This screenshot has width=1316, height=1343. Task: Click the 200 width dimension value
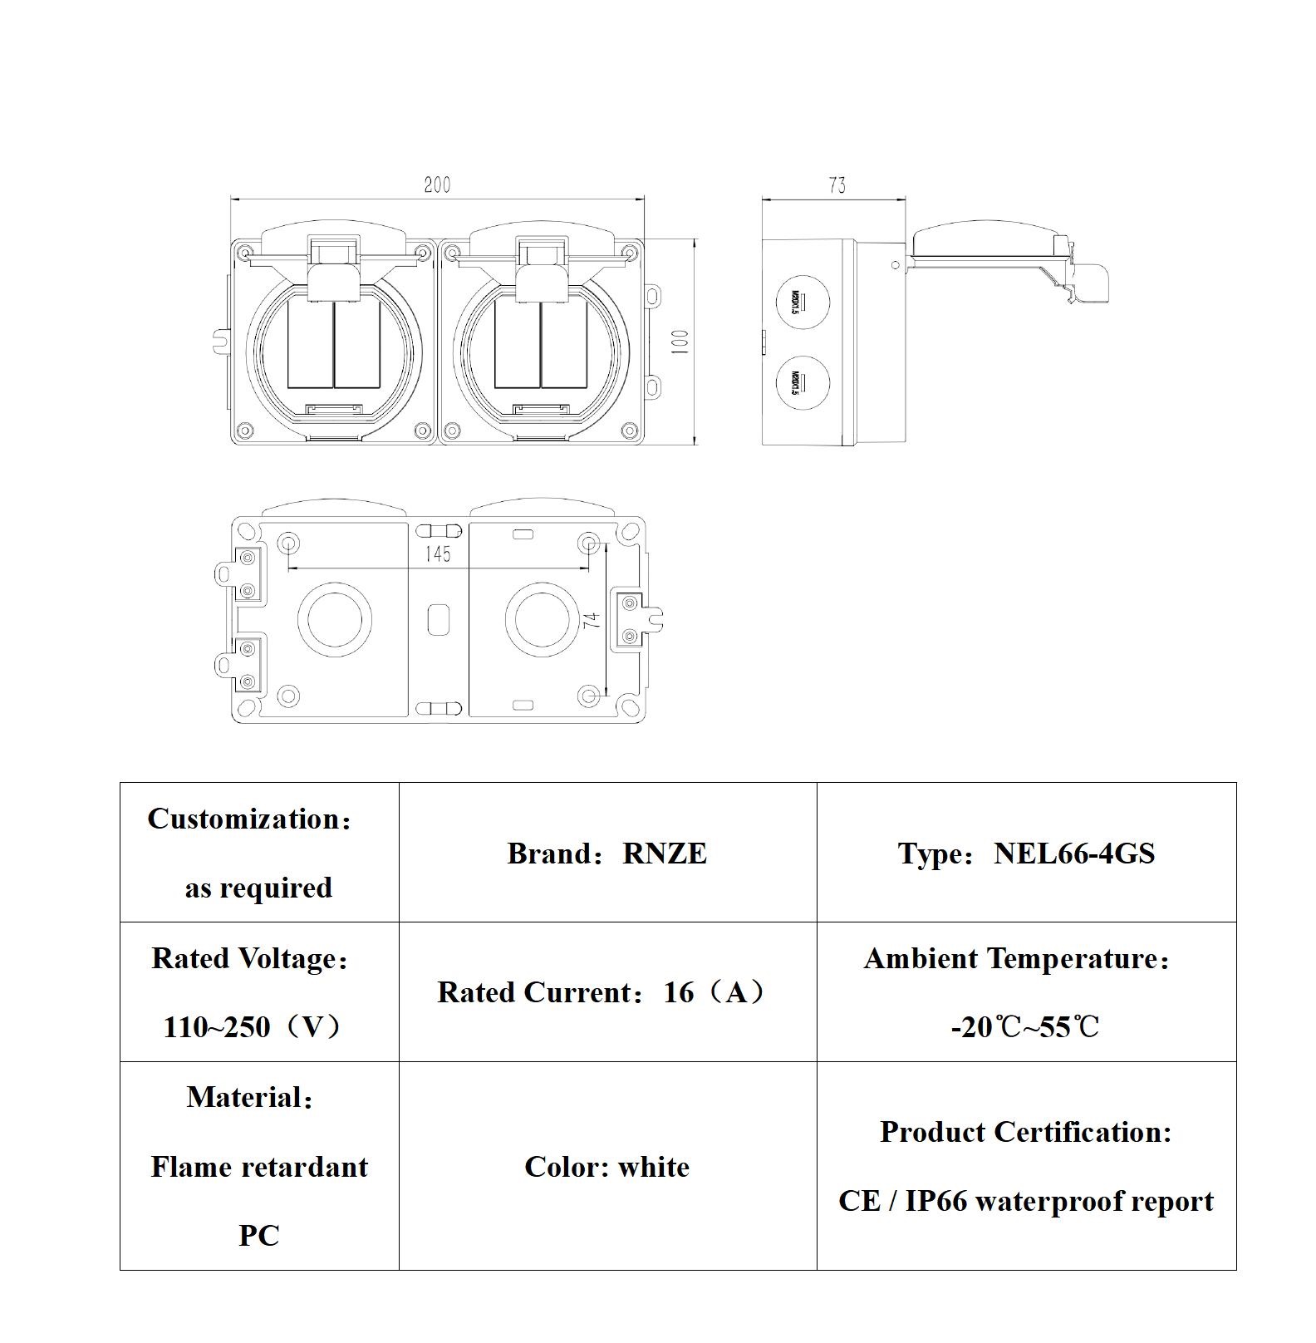click(437, 184)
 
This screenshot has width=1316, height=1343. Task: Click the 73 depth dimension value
click(837, 185)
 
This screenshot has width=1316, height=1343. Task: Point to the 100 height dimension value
click(680, 342)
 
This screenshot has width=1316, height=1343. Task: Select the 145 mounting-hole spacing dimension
click(438, 553)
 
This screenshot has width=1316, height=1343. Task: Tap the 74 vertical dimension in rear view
click(592, 620)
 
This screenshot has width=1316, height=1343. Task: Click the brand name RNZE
click(664, 854)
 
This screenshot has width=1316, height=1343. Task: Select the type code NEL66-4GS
click(1073, 854)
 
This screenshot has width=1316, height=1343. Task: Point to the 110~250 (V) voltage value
click(252, 1027)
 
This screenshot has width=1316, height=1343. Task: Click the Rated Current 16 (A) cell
click(605, 992)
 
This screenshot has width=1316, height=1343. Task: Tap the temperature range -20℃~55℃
click(1024, 1027)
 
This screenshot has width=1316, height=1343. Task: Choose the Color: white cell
click(606, 1167)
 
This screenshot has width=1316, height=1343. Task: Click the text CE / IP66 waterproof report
click(1025, 1201)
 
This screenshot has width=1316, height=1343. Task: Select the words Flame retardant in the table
click(259, 1167)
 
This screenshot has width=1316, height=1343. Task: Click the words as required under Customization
click(258, 888)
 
